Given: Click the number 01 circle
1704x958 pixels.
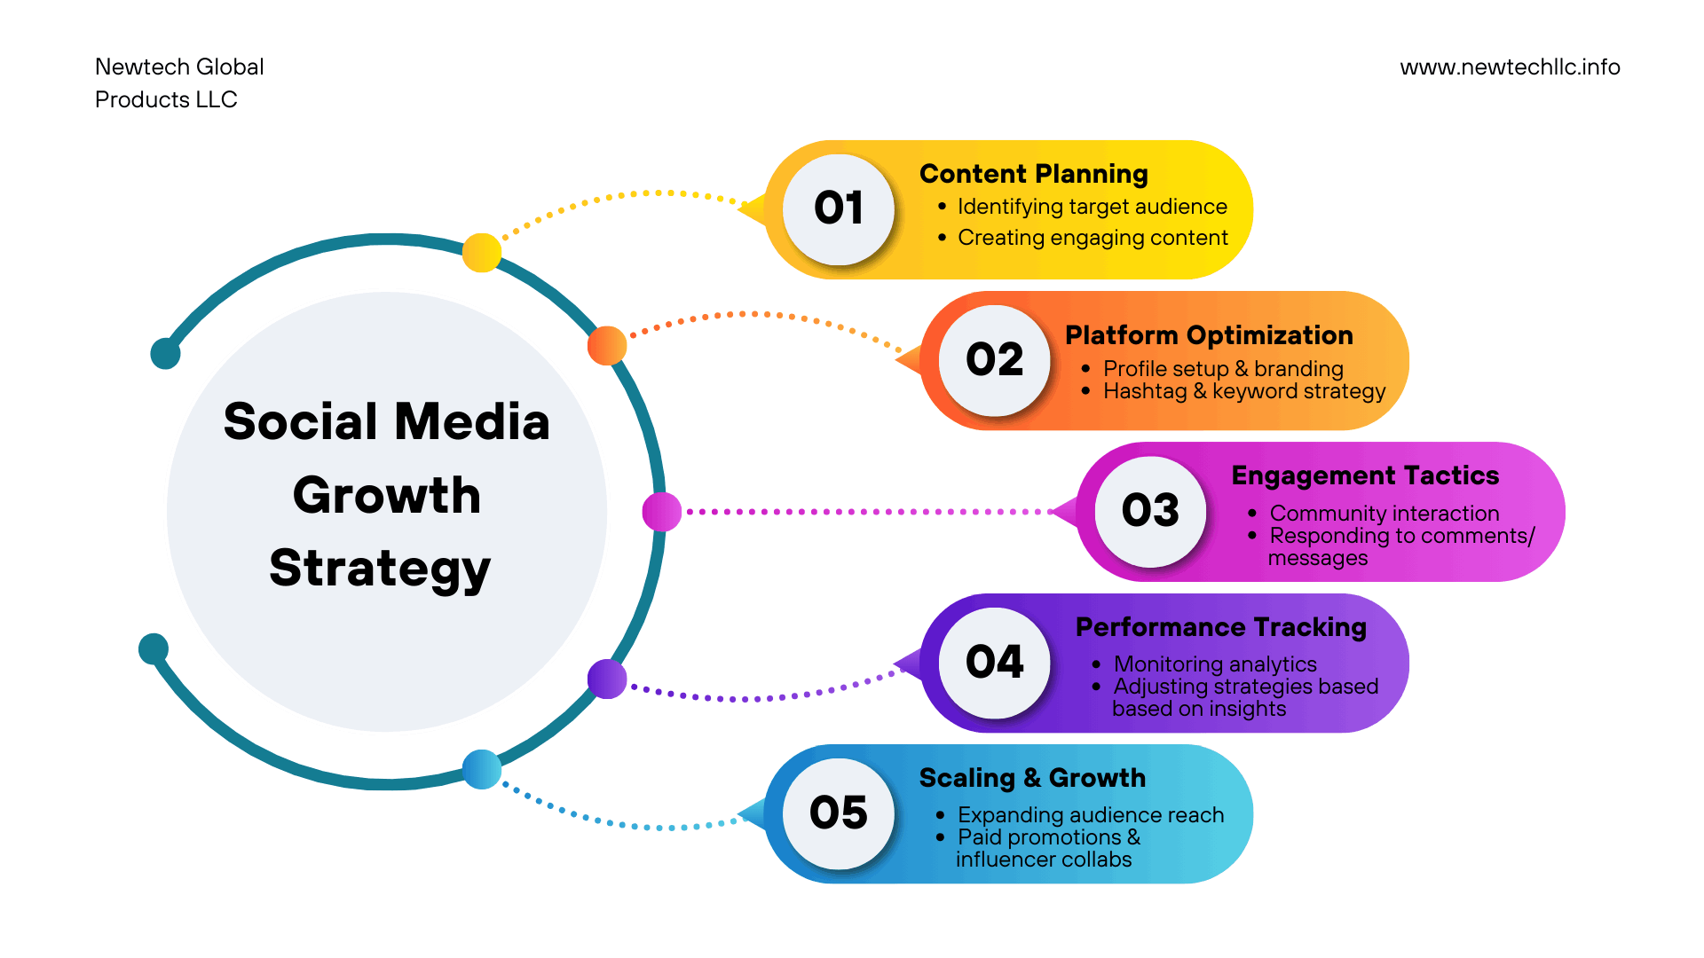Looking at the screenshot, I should (839, 209).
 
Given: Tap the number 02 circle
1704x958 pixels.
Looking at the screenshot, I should (994, 360).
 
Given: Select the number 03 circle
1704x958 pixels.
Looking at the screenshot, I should (1150, 511).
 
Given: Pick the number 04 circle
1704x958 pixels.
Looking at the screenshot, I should (994, 663).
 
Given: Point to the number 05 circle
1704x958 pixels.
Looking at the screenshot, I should (839, 813).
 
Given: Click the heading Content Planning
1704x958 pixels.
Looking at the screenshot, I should (1033, 174).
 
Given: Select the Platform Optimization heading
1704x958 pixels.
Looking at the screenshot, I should (1209, 335).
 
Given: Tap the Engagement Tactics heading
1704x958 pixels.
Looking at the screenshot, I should (1365, 475).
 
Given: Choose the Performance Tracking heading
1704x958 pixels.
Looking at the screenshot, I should (1220, 627).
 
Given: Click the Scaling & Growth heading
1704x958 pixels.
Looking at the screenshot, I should (1032, 778).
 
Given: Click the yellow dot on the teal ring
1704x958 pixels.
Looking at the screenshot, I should (482, 253).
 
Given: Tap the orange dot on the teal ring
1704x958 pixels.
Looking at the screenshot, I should (607, 345).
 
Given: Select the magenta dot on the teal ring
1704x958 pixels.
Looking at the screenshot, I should (661, 512).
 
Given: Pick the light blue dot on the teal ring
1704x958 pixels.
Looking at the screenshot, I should (482, 769).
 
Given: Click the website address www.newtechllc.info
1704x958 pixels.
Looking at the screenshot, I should (1510, 67).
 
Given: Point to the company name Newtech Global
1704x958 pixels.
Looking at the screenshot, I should (179, 67).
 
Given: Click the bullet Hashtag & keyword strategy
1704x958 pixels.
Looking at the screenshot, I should (1243, 391).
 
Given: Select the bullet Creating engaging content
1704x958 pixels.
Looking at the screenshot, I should (1093, 238).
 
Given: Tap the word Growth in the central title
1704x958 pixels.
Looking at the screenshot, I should (387, 495).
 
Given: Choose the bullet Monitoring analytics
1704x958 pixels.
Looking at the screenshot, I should (1215, 664).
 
